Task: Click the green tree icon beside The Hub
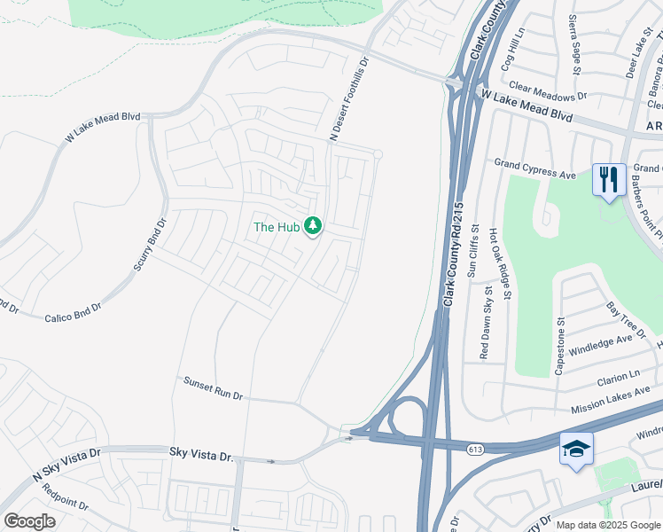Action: point(312,227)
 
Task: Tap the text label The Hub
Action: point(277,227)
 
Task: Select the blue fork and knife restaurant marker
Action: point(608,180)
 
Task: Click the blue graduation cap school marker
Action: point(576,450)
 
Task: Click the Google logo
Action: point(30,520)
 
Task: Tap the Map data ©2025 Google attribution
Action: point(608,525)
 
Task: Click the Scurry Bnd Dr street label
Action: point(149,245)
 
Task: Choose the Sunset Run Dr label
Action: point(213,388)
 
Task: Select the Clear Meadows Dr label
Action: point(549,91)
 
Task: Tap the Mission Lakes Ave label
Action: point(611,395)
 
